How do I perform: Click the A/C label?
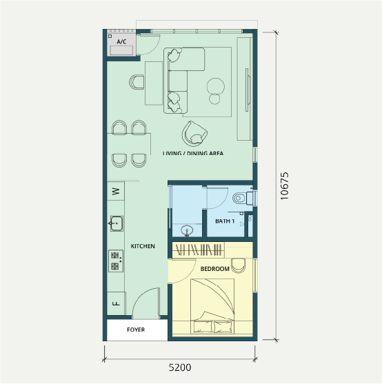pos(121,41)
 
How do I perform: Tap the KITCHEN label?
pos(143,246)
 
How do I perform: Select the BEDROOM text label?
pos(214,269)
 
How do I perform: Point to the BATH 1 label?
pos(225,221)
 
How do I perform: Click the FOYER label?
pos(136,330)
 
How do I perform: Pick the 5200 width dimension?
pos(180,367)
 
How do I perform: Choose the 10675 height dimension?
pos(285,186)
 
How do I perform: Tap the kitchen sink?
pos(116,223)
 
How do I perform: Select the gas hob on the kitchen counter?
pos(116,261)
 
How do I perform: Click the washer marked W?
pos(116,191)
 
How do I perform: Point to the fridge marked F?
pos(117,303)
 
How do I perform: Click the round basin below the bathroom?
pos(187,231)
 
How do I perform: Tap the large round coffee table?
pos(216,86)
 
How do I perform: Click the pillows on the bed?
pos(212,326)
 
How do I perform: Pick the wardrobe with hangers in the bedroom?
pos(199,250)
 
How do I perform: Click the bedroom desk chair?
pos(239,265)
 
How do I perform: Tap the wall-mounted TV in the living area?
pos(248,90)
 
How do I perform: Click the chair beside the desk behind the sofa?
pos(137,82)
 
